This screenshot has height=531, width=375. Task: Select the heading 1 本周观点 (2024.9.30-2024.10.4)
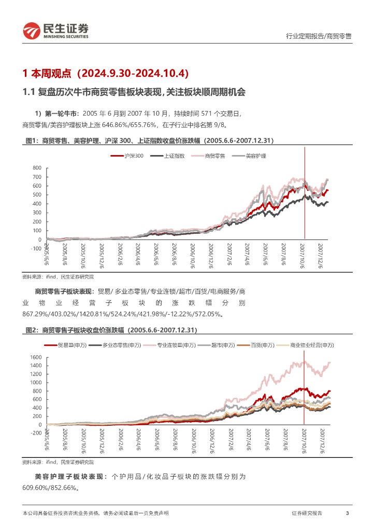pyautogui.click(x=106, y=73)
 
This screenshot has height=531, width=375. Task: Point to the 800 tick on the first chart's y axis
pyautogui.click(x=36, y=168)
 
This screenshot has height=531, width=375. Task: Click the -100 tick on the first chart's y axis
pyautogui.click(x=35, y=248)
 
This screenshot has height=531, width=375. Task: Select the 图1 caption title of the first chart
pyautogui.click(x=150, y=141)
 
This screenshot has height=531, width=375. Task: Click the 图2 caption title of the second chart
pyautogui.click(x=111, y=330)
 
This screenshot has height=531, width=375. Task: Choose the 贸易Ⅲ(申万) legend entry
pyautogui.click(x=72, y=345)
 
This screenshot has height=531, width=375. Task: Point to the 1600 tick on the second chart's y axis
pyautogui.click(x=35, y=357)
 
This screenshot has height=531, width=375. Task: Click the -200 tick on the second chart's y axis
pyautogui.click(x=34, y=433)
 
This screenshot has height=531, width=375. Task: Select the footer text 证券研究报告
pyautogui.click(x=307, y=513)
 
